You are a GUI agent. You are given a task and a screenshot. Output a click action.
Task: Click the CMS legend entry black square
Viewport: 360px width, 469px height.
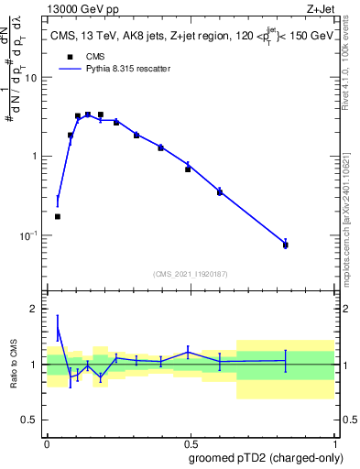tap(66, 57)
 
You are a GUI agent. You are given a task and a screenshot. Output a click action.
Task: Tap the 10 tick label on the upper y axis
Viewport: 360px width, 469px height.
tap(30, 77)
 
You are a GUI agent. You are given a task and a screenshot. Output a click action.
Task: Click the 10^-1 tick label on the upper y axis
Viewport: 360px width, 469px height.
tap(27, 235)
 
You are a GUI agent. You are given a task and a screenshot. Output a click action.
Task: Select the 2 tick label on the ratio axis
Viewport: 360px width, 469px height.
tap(33, 309)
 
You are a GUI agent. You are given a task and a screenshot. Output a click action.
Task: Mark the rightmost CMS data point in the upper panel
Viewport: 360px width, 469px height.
tap(286, 245)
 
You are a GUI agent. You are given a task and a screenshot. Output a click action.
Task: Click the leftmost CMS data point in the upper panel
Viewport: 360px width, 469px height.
tap(58, 216)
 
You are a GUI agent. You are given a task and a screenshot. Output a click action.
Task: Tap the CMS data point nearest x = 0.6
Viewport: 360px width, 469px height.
tap(220, 191)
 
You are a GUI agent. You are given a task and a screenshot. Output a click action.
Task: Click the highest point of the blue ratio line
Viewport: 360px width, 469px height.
tap(58, 327)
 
